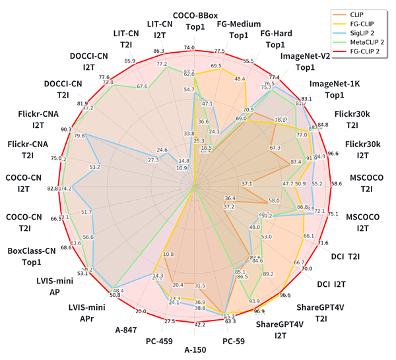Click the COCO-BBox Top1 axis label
(x=193, y=20)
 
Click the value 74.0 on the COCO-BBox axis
(x=189, y=47)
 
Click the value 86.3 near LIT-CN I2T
(x=159, y=51)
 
